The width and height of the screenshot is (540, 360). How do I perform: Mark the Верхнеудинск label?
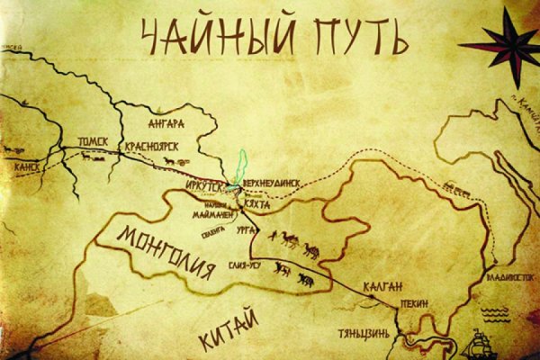coord(277,180)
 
